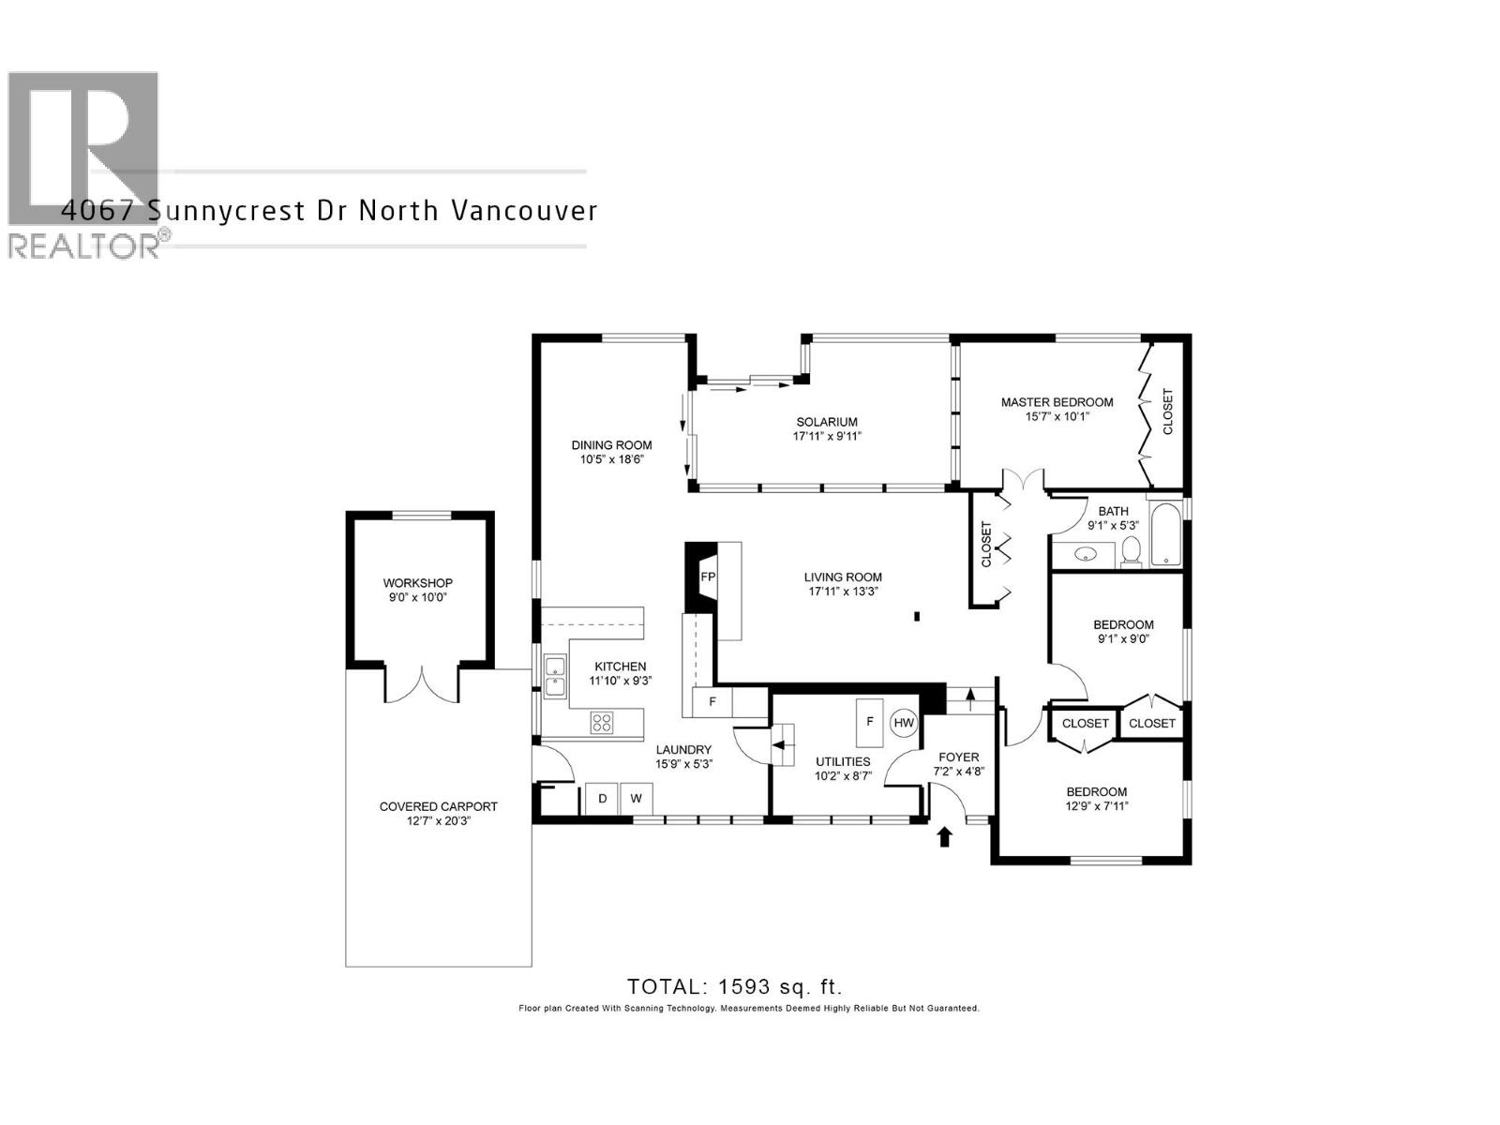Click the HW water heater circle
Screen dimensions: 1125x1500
pos(904,723)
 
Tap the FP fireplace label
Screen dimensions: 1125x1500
pos(709,577)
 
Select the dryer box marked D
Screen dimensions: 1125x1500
pos(603,799)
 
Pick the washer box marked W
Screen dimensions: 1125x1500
pos(636,799)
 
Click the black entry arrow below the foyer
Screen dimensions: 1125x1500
pos(945,836)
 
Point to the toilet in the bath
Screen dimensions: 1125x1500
pos(1131,553)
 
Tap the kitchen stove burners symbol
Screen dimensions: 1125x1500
pos(601,723)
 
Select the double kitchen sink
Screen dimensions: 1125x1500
pos(555,677)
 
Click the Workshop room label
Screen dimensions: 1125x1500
pos(418,583)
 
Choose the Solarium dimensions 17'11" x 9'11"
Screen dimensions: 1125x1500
pos(827,436)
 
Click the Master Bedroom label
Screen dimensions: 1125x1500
pos(1057,402)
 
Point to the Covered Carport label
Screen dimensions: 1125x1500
pos(438,806)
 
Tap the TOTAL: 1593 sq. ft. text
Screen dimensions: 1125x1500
pos(735,986)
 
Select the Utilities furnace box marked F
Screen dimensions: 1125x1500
pos(870,722)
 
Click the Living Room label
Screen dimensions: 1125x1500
pos(843,577)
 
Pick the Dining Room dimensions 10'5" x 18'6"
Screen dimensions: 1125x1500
pos(611,459)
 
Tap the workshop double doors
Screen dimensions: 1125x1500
pos(423,683)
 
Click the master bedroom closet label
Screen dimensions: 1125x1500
pos(1168,412)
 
